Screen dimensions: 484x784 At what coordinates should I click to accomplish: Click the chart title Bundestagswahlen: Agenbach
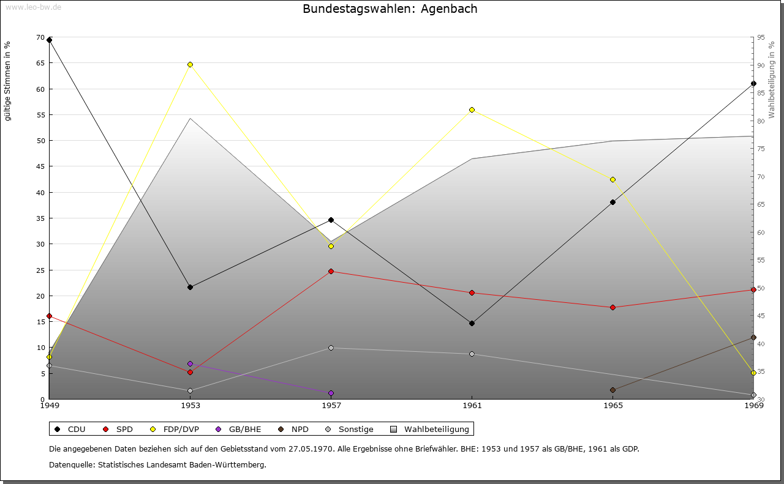point(390,9)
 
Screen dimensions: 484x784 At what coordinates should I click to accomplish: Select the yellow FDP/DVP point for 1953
point(190,64)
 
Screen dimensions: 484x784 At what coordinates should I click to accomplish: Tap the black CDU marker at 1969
point(753,83)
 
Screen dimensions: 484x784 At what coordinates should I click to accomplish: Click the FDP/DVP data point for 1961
point(472,110)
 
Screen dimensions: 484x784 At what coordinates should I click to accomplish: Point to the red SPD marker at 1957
point(331,271)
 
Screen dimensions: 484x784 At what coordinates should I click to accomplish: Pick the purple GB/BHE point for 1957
point(331,393)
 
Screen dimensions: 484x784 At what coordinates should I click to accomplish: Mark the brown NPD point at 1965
point(612,390)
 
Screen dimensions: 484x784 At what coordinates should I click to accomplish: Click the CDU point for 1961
point(472,323)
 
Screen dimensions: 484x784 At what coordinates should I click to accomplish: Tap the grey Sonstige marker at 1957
point(331,348)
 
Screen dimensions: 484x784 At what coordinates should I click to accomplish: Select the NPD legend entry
point(294,429)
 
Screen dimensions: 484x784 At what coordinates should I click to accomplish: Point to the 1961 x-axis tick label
point(472,405)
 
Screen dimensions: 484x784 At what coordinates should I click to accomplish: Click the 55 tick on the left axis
point(40,115)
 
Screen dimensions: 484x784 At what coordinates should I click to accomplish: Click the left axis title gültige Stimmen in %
point(8,81)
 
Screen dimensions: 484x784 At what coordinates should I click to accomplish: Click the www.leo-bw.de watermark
point(32,7)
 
